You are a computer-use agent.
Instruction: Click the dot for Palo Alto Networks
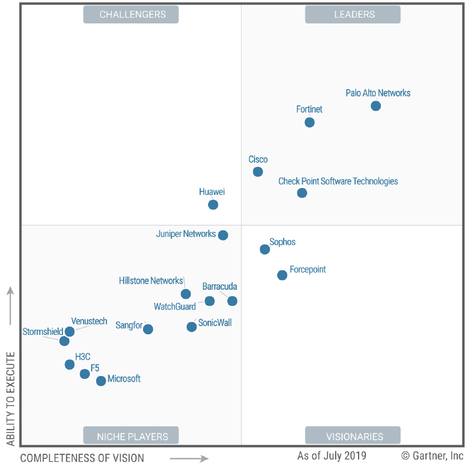[376, 106]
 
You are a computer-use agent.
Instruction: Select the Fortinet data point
[309, 122]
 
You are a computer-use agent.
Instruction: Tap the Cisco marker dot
[258, 171]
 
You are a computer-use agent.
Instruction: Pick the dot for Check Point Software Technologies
[302, 193]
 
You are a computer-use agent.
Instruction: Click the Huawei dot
[213, 205]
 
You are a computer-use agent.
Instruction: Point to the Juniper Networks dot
[223, 235]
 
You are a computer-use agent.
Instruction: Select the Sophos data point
[265, 249]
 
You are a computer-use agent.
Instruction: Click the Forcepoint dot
[282, 275]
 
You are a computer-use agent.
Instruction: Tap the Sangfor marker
[148, 329]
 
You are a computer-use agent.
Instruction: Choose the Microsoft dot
[101, 381]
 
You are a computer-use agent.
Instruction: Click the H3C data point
[70, 365]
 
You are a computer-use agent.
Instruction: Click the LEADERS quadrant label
[352, 14]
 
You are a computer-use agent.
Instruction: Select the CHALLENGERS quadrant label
[131, 14]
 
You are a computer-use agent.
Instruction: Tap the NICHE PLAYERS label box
[131, 436]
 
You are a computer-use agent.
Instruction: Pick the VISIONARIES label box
[352, 436]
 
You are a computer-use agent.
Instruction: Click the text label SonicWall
[215, 323]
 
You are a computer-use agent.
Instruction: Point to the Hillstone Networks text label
[151, 281]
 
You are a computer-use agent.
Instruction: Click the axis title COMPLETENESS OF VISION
[82, 457]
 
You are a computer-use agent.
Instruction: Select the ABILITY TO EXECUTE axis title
[10, 398]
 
